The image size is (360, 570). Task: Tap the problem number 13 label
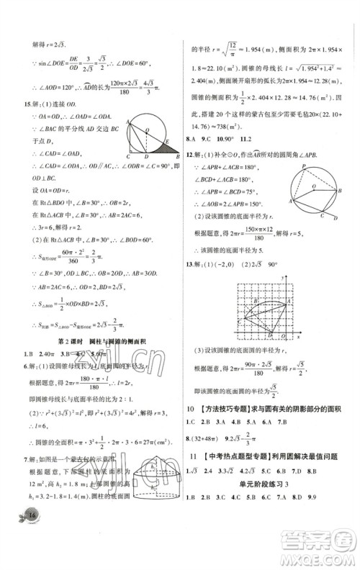pos(190,284)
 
